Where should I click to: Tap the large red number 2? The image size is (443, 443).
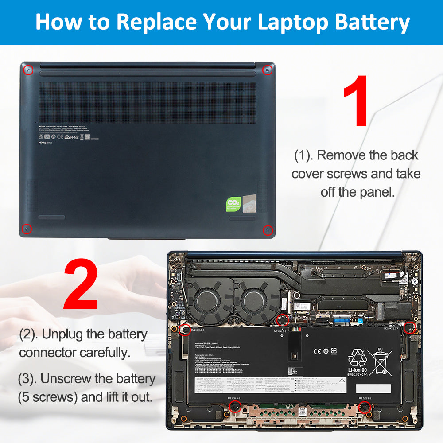pyautogui.click(x=81, y=286)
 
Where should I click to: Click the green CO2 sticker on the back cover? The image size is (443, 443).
pyautogui.click(x=233, y=204)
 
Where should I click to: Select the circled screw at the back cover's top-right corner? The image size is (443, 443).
pyautogui.click(x=267, y=70)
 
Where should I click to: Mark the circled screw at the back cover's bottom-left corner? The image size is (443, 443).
pyautogui.click(x=27, y=229)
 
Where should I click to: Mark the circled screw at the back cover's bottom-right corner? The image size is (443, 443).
pyautogui.click(x=268, y=230)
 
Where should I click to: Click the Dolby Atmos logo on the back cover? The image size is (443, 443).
pyautogui.click(x=45, y=143)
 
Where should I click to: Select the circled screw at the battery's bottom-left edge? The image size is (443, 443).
pyautogui.click(x=235, y=407)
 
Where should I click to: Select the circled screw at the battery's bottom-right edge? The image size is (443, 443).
pyautogui.click(x=365, y=407)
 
